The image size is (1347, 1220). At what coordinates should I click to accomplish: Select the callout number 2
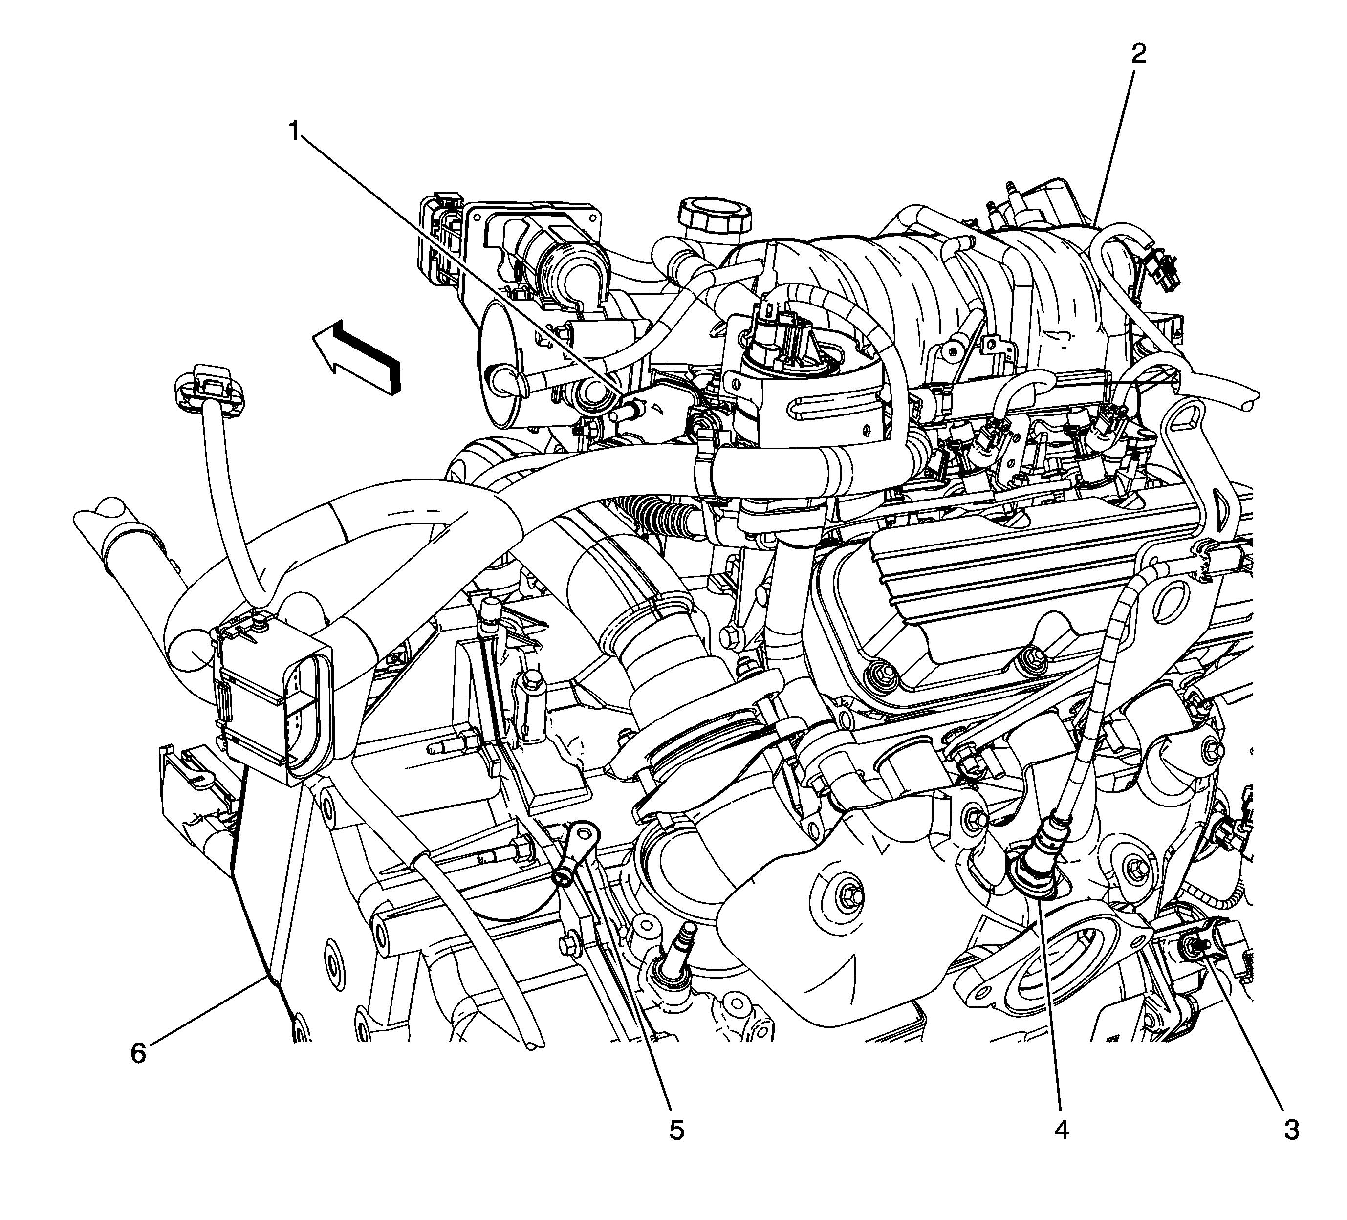click(x=1138, y=53)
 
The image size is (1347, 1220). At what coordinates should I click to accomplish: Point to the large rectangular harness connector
click(x=274, y=698)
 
